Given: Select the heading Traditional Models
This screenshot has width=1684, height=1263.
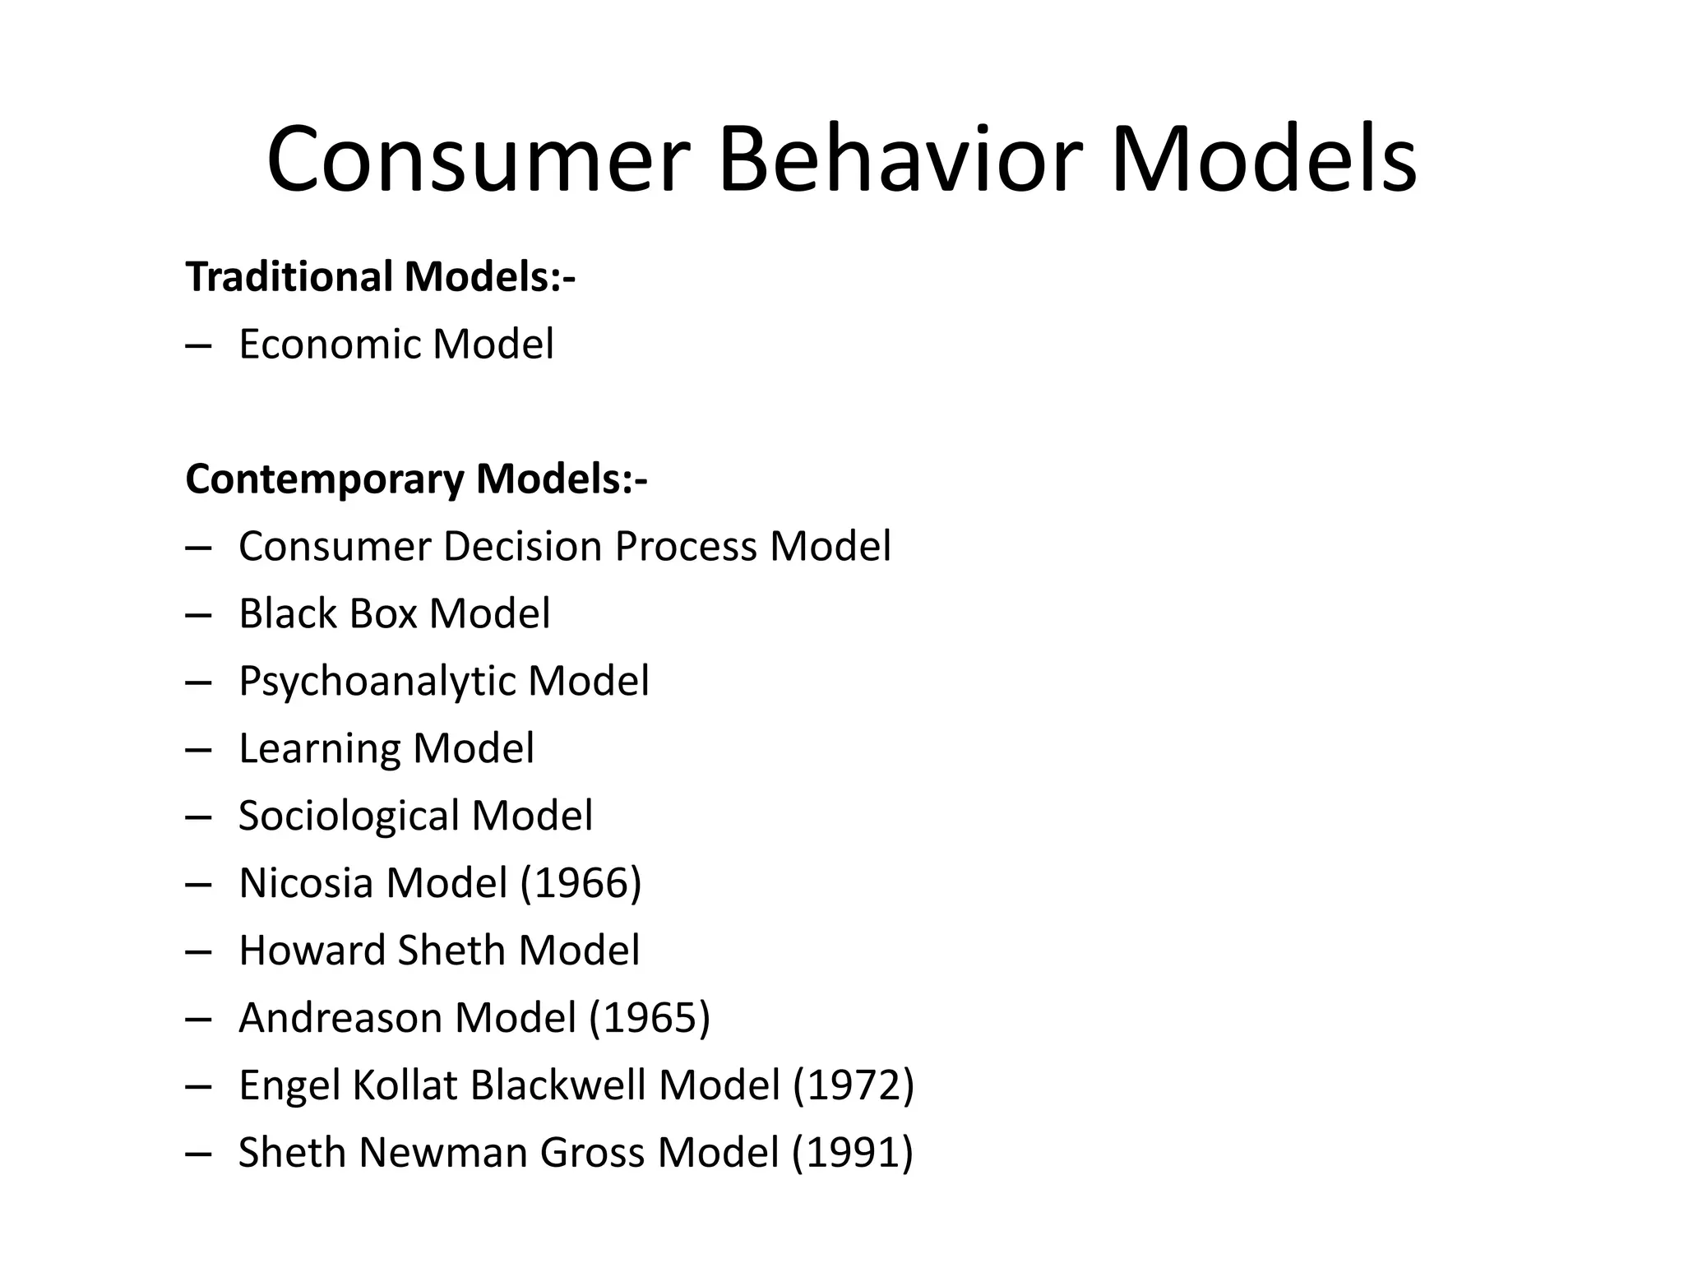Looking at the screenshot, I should click(381, 276).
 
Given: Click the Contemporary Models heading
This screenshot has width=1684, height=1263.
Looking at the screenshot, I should click(416, 479).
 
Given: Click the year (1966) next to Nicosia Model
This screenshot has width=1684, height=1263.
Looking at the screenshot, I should click(581, 883).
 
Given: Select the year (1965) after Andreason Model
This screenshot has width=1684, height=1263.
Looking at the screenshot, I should click(650, 1018).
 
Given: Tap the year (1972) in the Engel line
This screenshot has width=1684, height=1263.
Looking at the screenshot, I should click(854, 1085).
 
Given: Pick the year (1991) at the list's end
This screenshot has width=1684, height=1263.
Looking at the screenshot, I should click(853, 1153).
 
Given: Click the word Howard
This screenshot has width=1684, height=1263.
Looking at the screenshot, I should click(312, 951).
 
